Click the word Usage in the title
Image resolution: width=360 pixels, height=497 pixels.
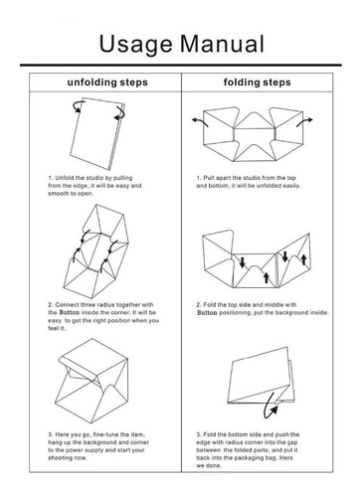(x=136, y=45)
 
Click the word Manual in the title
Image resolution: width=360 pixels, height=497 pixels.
(x=223, y=44)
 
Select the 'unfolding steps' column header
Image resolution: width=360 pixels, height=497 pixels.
(x=107, y=83)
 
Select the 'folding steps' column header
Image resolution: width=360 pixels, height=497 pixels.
(x=257, y=83)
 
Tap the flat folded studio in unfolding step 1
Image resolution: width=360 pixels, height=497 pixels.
(x=97, y=133)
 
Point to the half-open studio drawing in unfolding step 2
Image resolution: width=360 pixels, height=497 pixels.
(x=95, y=250)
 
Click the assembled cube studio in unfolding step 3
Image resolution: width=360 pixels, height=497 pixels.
(x=91, y=381)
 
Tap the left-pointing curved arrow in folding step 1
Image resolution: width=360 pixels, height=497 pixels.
(x=200, y=121)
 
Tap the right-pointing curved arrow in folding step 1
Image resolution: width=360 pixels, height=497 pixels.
(x=304, y=122)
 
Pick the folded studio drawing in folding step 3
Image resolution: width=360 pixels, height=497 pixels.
(x=262, y=376)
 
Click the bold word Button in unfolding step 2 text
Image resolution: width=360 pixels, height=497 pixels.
(x=70, y=312)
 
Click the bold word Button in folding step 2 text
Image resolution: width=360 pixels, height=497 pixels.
(x=207, y=313)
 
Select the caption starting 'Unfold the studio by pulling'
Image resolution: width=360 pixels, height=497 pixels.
(x=94, y=186)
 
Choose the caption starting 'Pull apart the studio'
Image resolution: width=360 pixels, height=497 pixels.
(x=249, y=182)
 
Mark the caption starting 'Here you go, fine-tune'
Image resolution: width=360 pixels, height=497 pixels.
(x=98, y=446)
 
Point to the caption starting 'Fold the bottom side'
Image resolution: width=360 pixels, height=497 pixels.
(x=248, y=450)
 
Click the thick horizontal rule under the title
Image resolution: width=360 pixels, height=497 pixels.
(x=181, y=65)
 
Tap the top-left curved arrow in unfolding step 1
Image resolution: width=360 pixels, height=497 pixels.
(x=78, y=106)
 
